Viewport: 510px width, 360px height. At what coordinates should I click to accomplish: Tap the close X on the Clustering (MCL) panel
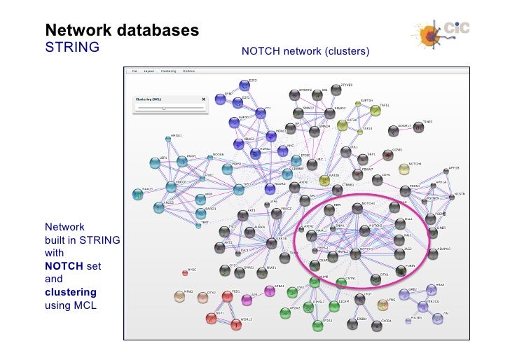pyautogui.click(x=204, y=99)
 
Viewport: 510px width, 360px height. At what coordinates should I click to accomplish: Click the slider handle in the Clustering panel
pyautogui.click(x=164, y=109)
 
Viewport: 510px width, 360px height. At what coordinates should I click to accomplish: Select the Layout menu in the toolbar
pyautogui.click(x=149, y=71)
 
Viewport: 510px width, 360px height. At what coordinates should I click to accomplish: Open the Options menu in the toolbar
pyautogui.click(x=189, y=71)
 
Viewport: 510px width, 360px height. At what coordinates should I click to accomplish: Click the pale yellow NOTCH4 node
pyautogui.click(x=404, y=169)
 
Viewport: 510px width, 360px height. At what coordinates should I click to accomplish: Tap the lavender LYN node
pyautogui.click(x=437, y=319)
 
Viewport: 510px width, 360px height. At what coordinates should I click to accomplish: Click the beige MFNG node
pyautogui.click(x=179, y=296)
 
